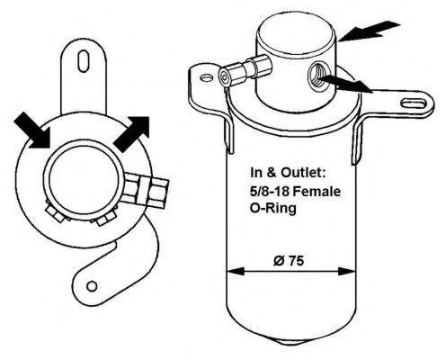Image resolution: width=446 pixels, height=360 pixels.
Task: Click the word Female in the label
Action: tap(317, 191)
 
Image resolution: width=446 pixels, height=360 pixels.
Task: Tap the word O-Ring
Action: tap(273, 208)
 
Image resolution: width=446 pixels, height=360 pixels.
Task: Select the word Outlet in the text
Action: tap(303, 173)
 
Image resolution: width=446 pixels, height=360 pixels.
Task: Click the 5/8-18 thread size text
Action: tap(270, 191)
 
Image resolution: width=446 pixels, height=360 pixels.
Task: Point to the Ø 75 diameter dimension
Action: tap(289, 261)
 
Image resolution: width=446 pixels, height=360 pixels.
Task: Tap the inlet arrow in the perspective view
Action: tap(368, 31)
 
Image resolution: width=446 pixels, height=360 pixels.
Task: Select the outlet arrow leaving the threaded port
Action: tap(345, 84)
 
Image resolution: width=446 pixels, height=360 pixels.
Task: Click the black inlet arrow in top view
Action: tap(32, 130)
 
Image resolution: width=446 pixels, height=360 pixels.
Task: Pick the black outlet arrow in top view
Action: tap(132, 133)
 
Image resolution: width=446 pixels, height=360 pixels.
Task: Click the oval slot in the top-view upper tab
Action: tap(84, 61)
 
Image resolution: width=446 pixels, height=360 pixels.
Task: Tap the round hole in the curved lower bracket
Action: tap(92, 286)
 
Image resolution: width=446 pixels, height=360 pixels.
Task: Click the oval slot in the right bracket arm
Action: tap(414, 103)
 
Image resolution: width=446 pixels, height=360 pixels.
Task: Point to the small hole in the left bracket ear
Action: tap(207, 78)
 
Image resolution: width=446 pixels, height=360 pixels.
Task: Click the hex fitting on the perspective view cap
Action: tap(245, 72)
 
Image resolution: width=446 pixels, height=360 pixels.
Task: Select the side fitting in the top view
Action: tap(146, 192)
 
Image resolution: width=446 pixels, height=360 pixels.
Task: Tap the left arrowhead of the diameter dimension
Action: tap(236, 272)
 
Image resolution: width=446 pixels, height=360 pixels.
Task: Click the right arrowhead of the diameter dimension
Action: tap(347, 272)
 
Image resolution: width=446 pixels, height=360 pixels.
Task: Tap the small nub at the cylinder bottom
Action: tap(290, 342)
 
